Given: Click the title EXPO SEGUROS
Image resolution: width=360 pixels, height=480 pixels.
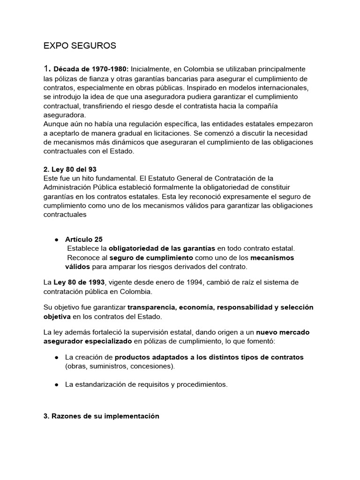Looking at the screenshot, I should coord(79,46).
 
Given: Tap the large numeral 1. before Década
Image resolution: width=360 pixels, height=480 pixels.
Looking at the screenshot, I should coord(47,69).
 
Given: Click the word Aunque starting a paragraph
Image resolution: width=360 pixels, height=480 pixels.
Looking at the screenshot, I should coord(56,124).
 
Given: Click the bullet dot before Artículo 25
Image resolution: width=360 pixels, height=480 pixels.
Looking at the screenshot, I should coord(56,239).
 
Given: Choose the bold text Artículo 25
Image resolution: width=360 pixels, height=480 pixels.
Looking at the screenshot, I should coord(83,239).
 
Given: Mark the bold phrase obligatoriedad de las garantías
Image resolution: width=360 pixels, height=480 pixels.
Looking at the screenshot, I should coord(162,248).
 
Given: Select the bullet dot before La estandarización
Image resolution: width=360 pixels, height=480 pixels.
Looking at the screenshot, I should coord(56,384).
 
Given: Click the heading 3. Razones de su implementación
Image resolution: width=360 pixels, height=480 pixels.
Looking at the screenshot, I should coord(101,416).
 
